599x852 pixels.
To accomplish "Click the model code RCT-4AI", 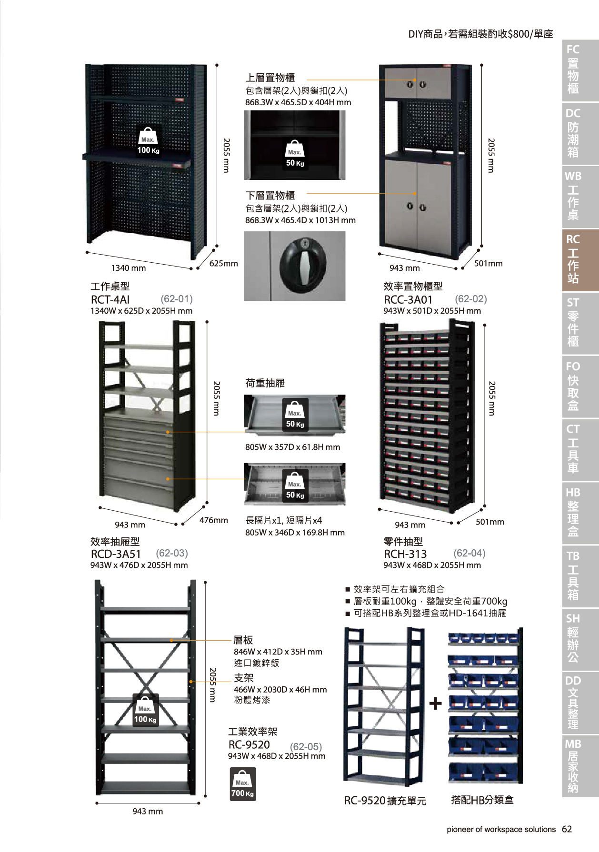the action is [110, 299].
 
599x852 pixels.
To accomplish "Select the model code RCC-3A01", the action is [408, 299].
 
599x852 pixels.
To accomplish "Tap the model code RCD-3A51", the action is [116, 554].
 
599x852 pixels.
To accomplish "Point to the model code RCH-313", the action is [405, 554].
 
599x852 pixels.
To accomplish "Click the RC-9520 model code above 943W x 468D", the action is [249, 745].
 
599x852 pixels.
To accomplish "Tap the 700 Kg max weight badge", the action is [243, 784].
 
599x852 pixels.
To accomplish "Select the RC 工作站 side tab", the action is [580, 260].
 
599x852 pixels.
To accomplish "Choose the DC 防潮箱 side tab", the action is [580, 133].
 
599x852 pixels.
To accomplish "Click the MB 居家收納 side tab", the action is [580, 766].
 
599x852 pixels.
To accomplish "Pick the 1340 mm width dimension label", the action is [129, 268].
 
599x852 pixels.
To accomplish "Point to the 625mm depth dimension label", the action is [224, 263].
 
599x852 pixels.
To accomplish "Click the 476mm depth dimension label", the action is [214, 520].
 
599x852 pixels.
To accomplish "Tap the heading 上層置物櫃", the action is [270, 78].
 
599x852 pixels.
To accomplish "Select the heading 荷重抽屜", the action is [265, 383].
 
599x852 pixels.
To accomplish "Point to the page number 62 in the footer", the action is [567, 829].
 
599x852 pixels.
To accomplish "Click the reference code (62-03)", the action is [172, 553].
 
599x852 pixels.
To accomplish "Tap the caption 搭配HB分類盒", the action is [482, 800].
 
